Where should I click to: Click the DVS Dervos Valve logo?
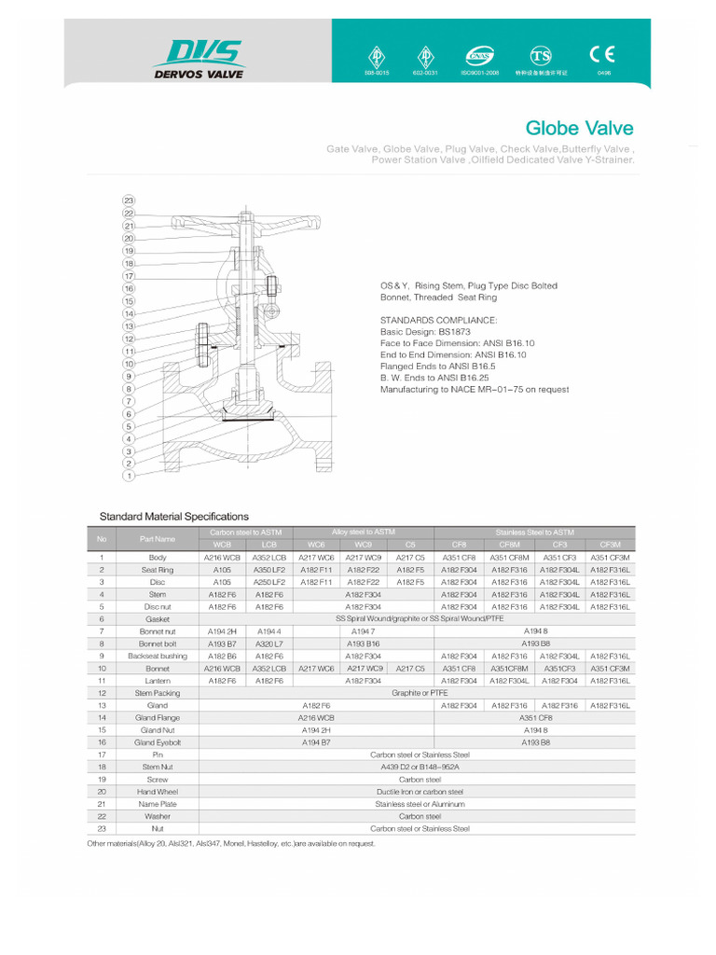click(198, 58)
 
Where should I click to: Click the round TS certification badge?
click(541, 54)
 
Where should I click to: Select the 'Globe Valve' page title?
click(579, 129)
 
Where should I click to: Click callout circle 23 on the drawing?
click(129, 201)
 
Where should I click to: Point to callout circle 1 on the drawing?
click(129, 476)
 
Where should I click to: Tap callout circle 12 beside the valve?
click(129, 339)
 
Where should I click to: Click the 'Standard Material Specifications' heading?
click(174, 517)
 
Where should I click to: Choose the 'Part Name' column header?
click(158, 538)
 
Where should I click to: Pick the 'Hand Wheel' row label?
click(158, 791)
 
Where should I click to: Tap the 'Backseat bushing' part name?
click(158, 656)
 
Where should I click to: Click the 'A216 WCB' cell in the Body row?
click(222, 557)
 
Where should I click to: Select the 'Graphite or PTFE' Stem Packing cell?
click(420, 693)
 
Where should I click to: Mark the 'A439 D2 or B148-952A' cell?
click(420, 767)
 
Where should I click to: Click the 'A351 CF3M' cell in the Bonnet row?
click(610, 669)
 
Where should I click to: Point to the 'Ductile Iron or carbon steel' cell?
click(420, 791)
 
